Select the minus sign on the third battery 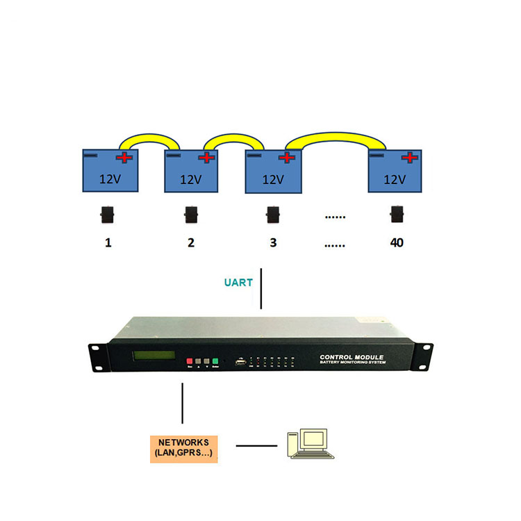[255, 155]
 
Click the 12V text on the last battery [395, 179]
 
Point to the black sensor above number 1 [107, 215]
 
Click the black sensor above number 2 [191, 215]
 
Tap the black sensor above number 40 [397, 215]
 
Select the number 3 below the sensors [273, 242]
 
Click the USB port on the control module [240, 362]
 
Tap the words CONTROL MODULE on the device [352, 356]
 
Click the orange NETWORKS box [183, 449]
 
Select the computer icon [310, 445]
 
